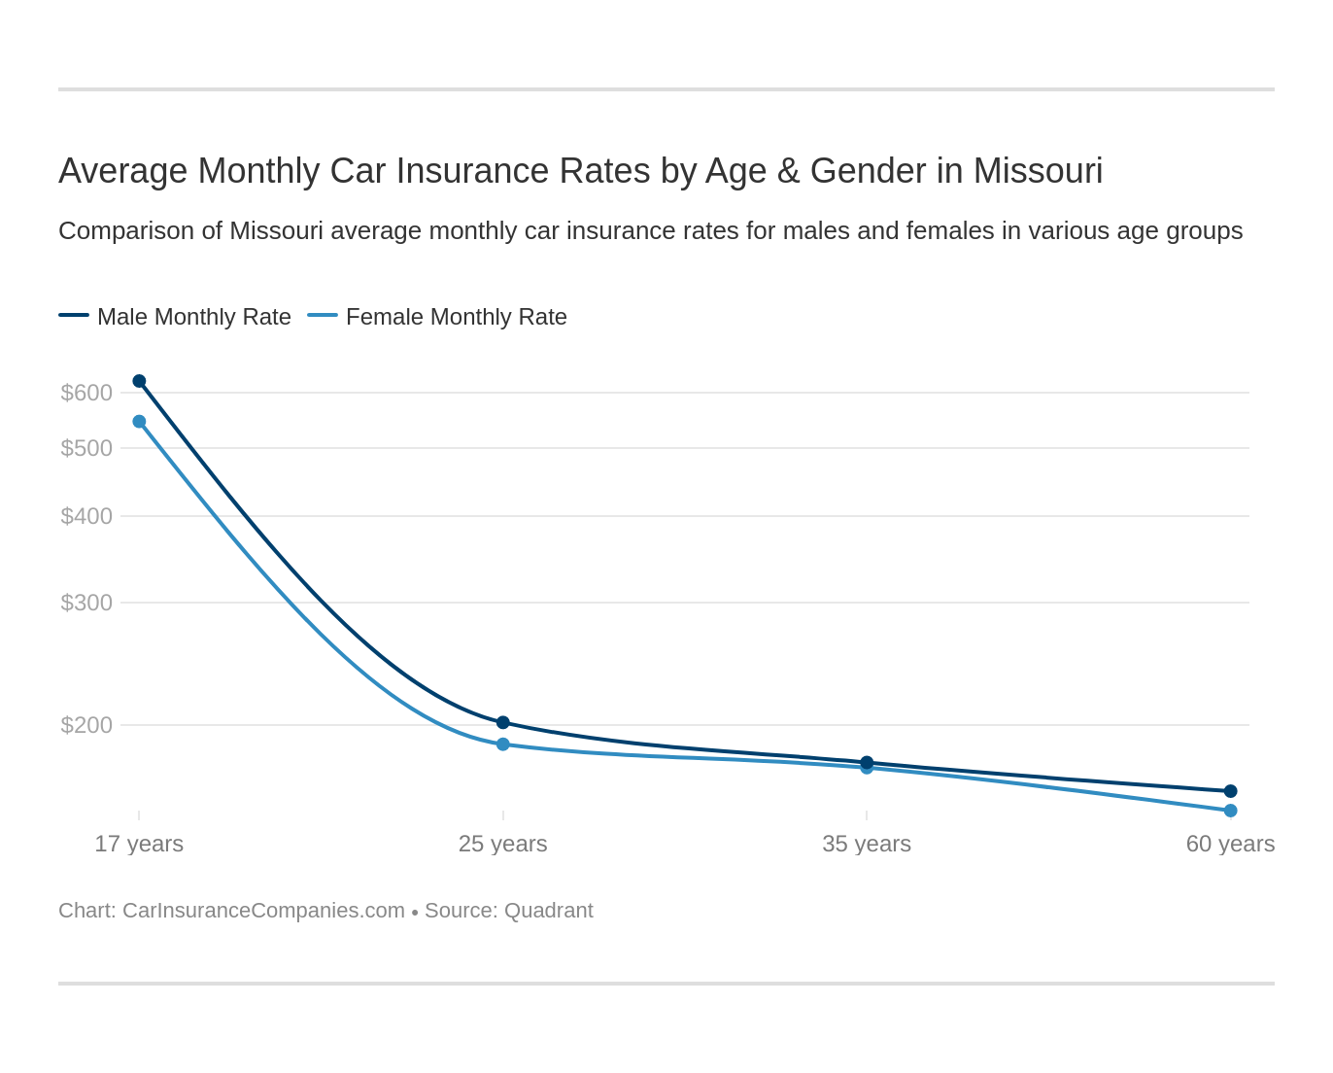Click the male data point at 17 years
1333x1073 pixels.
pyautogui.click(x=139, y=381)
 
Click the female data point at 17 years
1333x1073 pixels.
pyautogui.click(x=139, y=422)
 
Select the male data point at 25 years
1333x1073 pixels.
pyautogui.click(x=503, y=722)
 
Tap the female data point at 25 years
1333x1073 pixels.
pyautogui.click(x=503, y=744)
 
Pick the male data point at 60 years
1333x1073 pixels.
pyautogui.click(x=1230, y=791)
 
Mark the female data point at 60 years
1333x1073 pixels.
pyautogui.click(x=1230, y=811)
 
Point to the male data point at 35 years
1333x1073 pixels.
pyautogui.click(x=867, y=762)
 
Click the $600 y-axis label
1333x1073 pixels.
pyautogui.click(x=86, y=393)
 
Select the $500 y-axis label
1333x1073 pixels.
pyautogui.click(x=86, y=448)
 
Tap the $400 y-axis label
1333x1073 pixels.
pyautogui.click(x=86, y=516)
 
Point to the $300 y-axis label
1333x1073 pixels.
pyautogui.click(x=86, y=603)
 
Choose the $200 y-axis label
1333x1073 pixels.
pyautogui.click(x=86, y=725)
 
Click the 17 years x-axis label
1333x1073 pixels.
pyautogui.click(x=139, y=844)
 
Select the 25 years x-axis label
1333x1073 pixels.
pyautogui.click(x=503, y=844)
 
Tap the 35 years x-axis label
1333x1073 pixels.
pyautogui.click(x=867, y=844)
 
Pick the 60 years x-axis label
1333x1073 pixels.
pyautogui.click(x=1230, y=844)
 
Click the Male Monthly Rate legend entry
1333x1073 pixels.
pyautogui.click(x=193, y=317)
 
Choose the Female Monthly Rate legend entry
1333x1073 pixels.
pyautogui.click(x=456, y=317)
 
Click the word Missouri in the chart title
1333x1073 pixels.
pyautogui.click(x=1038, y=171)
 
